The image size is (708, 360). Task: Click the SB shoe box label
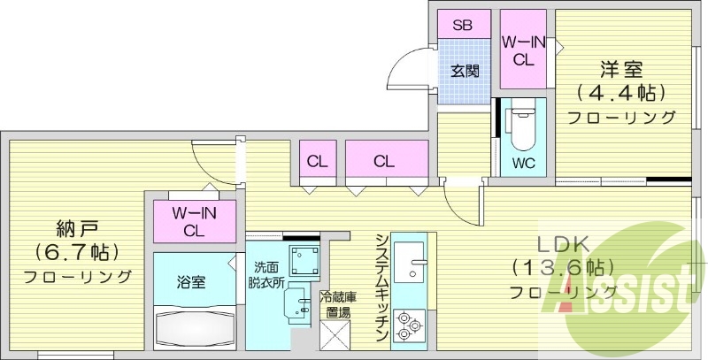click(x=463, y=25)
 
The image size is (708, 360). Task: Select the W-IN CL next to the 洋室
click(x=522, y=50)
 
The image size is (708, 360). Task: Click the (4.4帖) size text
click(x=620, y=92)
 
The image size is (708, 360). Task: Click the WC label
click(x=523, y=164)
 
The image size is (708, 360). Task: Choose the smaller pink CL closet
click(x=316, y=162)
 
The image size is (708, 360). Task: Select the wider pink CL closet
click(x=384, y=162)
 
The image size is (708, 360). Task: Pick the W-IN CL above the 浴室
click(x=192, y=221)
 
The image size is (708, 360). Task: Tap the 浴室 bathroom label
click(x=192, y=282)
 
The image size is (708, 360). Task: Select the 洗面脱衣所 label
click(x=266, y=276)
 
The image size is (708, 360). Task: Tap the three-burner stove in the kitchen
click(x=410, y=326)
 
